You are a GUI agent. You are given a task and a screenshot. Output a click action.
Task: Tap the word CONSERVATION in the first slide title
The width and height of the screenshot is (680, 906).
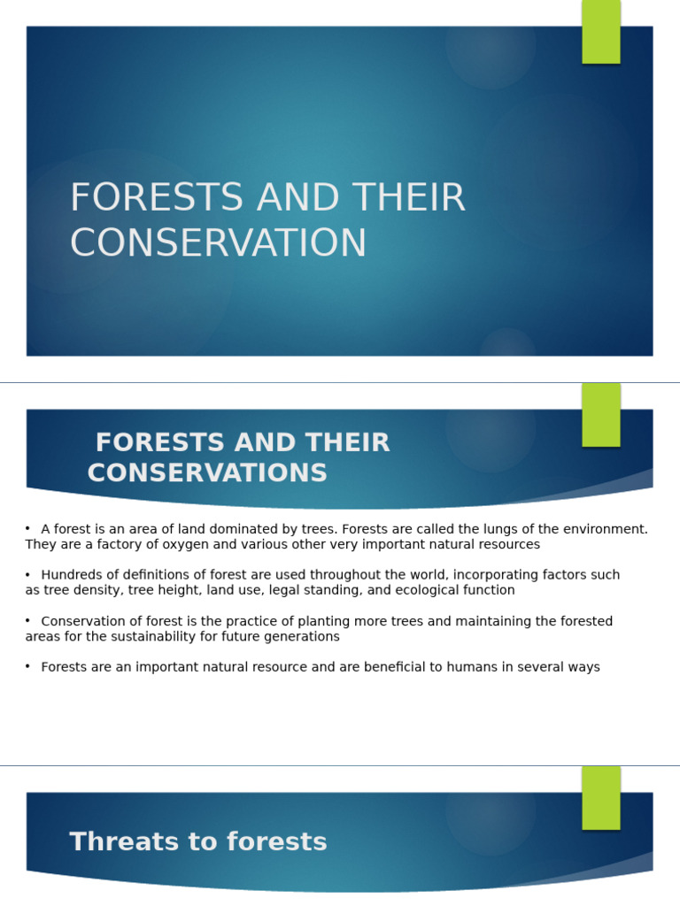(218, 243)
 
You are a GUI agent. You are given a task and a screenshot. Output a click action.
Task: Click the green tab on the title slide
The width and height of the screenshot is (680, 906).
(601, 32)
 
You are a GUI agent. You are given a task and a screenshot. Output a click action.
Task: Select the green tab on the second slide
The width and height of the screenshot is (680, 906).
(601, 415)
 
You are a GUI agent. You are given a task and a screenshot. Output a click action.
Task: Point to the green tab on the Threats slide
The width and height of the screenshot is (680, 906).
(601, 797)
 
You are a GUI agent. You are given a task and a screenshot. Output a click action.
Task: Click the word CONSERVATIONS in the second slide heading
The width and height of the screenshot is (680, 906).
(207, 473)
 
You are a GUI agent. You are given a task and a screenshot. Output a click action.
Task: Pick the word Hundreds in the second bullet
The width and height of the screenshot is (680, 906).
(73, 575)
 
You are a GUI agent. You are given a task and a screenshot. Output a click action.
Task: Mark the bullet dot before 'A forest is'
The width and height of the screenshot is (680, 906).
(28, 529)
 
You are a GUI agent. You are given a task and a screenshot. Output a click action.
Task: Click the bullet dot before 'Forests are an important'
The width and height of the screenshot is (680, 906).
(28, 667)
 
